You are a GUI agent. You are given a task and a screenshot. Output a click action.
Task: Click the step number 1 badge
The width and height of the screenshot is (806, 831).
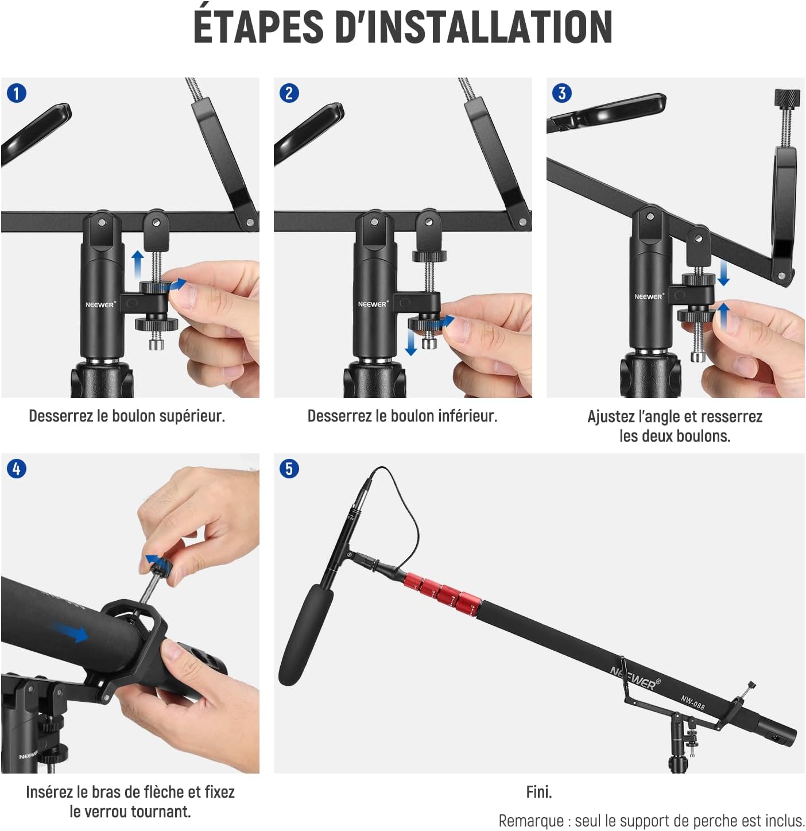(17, 94)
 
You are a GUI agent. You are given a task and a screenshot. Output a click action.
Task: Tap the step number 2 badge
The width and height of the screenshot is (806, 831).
(289, 94)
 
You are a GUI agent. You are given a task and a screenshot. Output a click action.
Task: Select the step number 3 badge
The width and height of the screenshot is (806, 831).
(562, 94)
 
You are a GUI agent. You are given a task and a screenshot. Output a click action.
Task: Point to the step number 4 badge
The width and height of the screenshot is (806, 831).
(17, 469)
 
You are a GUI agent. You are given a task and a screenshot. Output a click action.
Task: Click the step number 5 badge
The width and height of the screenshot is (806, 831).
(289, 469)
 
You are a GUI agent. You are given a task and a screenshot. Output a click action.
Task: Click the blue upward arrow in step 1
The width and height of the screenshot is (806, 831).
(137, 265)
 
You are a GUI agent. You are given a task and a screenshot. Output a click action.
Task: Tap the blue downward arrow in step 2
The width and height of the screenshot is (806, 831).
(410, 342)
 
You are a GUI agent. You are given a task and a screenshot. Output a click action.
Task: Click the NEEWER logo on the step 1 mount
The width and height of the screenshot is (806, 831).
(100, 304)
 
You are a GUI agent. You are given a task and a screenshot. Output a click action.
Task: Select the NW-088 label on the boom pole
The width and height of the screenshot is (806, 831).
(692, 702)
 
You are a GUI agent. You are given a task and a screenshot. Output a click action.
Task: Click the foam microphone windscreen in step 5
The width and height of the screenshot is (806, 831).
(305, 635)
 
